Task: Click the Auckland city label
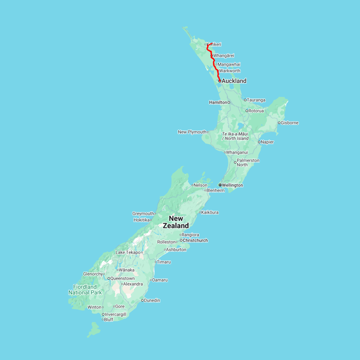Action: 234,81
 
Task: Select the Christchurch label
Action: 195,240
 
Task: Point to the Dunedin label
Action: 152,300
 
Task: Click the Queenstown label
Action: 122,278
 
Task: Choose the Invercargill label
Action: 115,314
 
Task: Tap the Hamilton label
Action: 218,102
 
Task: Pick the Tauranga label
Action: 256,100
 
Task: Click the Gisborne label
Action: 290,123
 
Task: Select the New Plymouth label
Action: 192,132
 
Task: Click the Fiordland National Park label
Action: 85,290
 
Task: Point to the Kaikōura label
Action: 210,212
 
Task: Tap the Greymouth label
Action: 143,214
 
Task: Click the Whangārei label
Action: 224,56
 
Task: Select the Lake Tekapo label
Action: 128,252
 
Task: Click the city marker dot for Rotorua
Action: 247,111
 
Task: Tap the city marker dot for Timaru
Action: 156,262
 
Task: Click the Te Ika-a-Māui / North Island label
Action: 235,136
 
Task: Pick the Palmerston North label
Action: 248,162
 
